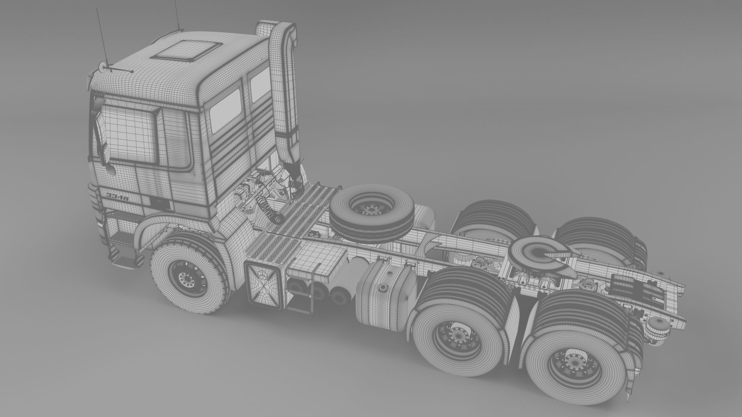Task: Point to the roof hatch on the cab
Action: [183, 51]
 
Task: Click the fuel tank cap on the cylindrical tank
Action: [384, 286]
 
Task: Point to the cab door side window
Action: [131, 133]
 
